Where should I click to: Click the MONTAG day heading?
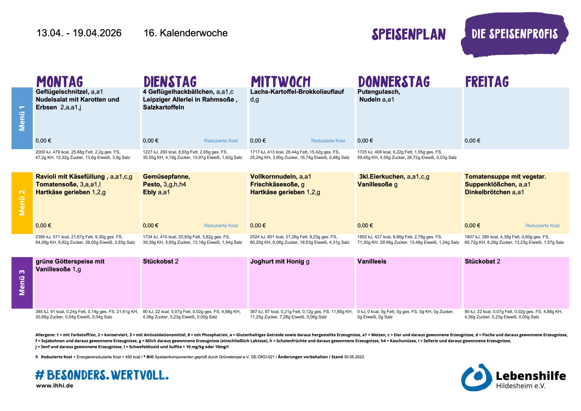60,82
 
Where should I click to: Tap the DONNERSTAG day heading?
394,82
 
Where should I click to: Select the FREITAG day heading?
487,82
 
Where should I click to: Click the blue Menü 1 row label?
22,118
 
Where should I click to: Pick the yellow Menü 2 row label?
22,203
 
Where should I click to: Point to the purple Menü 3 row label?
22,283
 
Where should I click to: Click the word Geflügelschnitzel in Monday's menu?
62,92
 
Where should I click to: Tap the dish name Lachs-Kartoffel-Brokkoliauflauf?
297,92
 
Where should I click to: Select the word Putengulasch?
379,92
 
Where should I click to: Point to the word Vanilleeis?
372,261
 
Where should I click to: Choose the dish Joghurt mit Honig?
277,261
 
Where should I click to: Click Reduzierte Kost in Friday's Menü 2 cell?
543,225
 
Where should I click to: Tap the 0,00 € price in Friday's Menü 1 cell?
472,141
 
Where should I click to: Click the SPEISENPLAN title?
409,34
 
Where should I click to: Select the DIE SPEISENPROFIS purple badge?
515,34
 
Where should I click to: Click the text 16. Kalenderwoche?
185,33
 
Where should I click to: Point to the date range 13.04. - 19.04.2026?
79,33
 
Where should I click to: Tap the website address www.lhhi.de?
55,386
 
